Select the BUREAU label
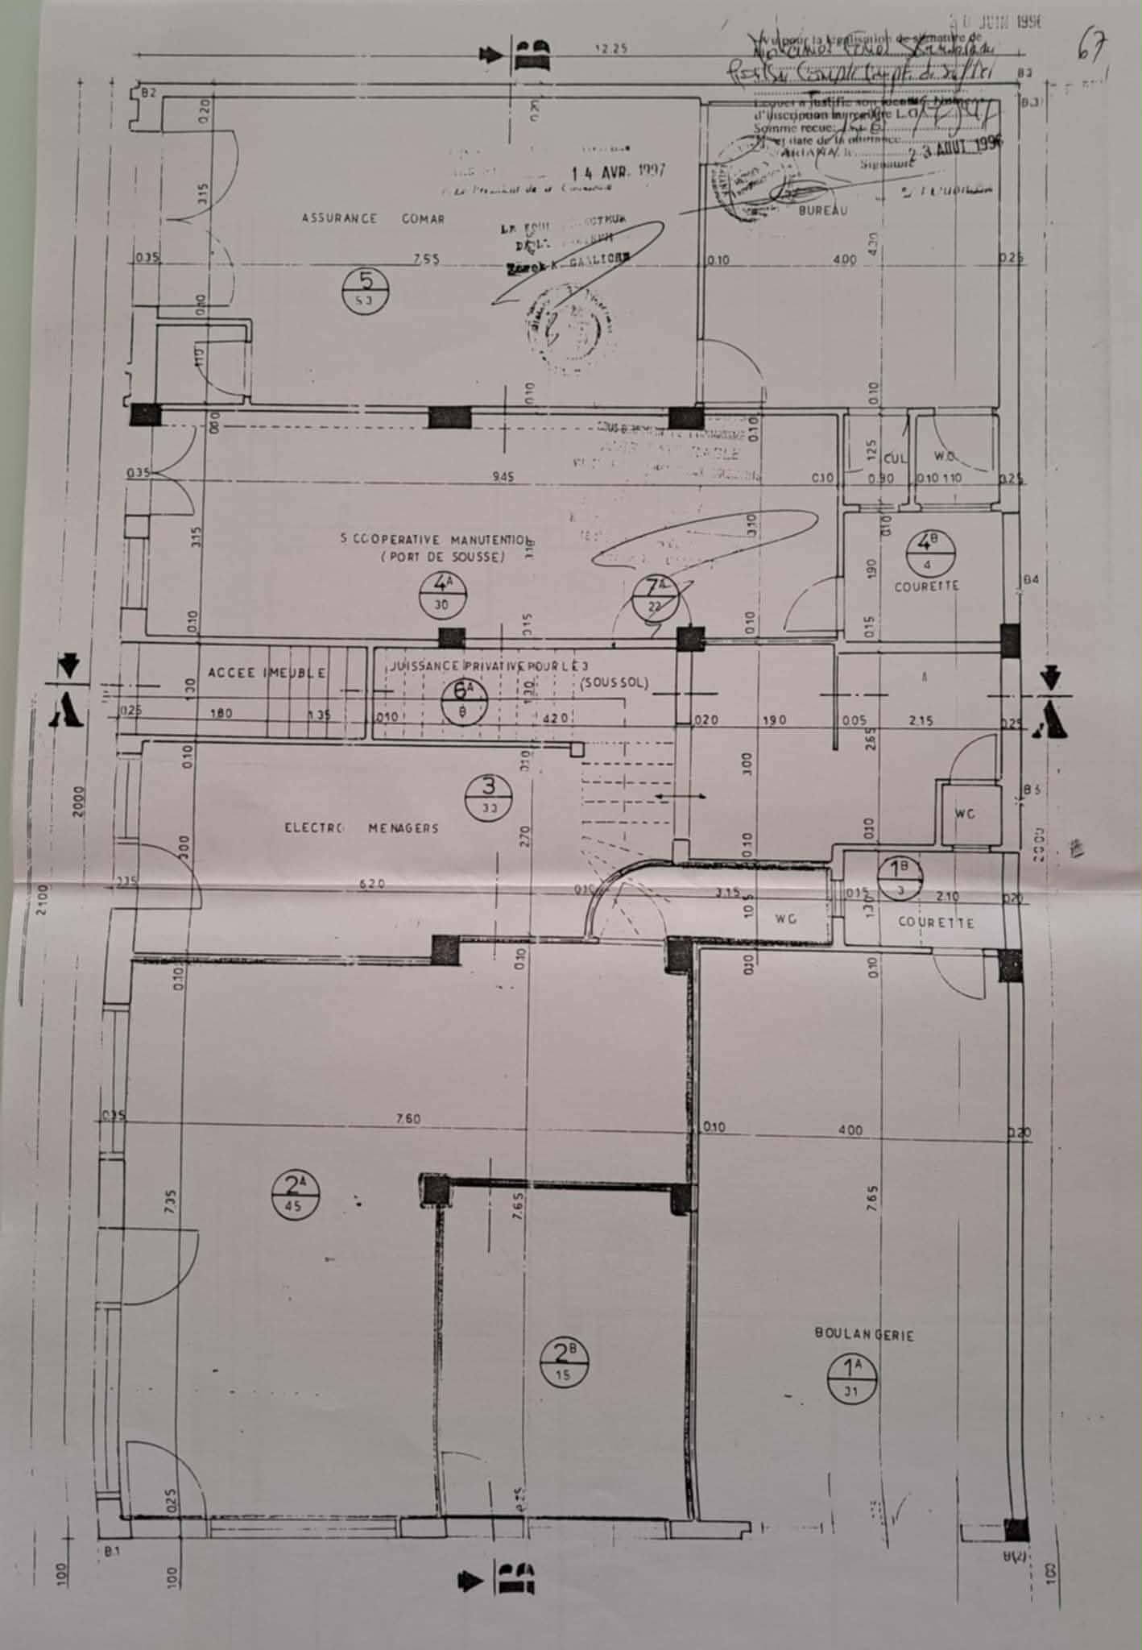pos(823,211)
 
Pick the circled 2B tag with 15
pos(565,1361)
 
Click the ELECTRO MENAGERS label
pos(362,827)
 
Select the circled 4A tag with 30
pos(441,593)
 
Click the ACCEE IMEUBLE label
pos(267,673)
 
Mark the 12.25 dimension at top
pos(610,49)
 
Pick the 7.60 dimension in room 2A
pos(408,1119)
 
